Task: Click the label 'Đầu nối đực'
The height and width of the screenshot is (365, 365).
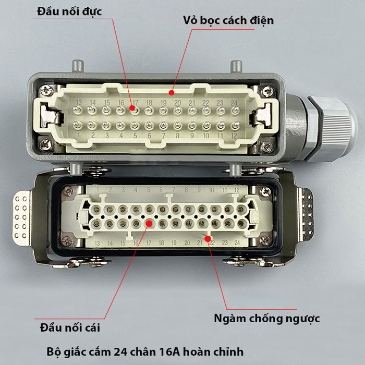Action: [69, 11]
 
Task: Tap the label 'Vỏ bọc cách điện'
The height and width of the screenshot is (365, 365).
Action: [228, 20]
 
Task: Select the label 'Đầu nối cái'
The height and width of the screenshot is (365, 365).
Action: [70, 327]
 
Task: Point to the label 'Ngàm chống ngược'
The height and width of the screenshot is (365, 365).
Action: [267, 319]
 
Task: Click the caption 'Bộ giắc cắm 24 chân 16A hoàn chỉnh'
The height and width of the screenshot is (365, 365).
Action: [145, 352]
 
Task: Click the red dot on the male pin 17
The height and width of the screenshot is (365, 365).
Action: [132, 108]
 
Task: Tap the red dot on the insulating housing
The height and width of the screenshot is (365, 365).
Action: [172, 93]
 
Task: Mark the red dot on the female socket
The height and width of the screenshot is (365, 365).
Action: [149, 224]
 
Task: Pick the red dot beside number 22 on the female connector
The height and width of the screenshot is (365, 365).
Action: [208, 239]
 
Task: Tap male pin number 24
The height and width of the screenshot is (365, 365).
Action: [235, 111]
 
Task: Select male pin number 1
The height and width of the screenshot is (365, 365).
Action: [77, 125]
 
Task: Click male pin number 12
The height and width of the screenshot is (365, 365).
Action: [235, 126]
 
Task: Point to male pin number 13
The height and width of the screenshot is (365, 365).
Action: [77, 110]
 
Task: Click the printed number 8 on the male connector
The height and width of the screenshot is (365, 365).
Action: [178, 136]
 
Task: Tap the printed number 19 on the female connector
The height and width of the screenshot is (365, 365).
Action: [174, 243]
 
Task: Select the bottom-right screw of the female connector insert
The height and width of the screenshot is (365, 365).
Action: [265, 240]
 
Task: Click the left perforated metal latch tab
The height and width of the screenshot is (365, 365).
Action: [21, 217]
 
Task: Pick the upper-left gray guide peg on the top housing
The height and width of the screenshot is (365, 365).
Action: [78, 66]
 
